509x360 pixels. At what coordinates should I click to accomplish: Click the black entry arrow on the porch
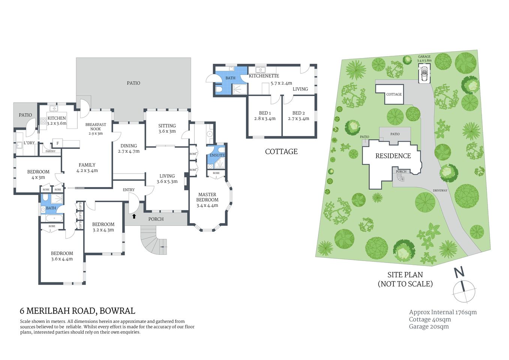click(134, 216)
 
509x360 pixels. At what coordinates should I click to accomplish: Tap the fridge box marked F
click(57, 143)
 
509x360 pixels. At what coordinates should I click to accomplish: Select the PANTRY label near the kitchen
click(50, 151)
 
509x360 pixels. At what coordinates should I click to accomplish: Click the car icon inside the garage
click(425, 73)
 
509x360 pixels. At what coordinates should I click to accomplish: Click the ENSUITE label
click(217, 155)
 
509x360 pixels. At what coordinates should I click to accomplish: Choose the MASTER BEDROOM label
click(207, 197)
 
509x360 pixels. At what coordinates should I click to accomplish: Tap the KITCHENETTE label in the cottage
click(264, 76)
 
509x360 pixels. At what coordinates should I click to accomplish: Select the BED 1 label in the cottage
click(265, 113)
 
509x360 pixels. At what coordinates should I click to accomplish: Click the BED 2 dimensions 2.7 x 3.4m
click(299, 118)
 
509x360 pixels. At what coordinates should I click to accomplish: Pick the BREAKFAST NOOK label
click(96, 127)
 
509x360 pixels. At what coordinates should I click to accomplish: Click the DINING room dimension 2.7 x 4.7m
click(129, 151)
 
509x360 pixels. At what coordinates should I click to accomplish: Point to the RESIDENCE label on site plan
click(393, 156)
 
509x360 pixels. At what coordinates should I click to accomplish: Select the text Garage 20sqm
click(429, 327)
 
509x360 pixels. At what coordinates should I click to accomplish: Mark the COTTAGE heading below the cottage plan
click(281, 151)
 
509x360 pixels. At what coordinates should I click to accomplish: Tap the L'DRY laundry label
click(29, 143)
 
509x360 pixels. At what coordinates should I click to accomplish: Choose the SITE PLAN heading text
click(405, 275)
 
